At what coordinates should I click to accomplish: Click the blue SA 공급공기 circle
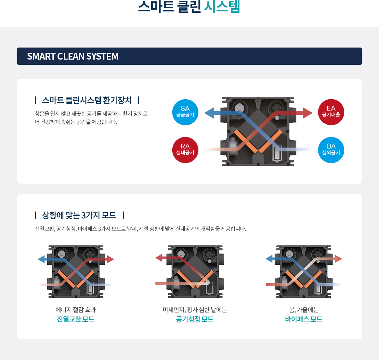pyautogui.click(x=185, y=112)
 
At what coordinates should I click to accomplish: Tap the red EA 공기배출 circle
pyautogui.click(x=331, y=112)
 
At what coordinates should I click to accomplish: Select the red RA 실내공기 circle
pyautogui.click(x=185, y=150)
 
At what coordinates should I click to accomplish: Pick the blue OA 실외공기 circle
pyautogui.click(x=331, y=150)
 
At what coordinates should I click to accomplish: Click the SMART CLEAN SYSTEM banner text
pyautogui.click(x=73, y=56)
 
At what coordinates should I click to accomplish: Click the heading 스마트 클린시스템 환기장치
pyautogui.click(x=87, y=100)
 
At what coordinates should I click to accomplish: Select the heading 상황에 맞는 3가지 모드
pyautogui.click(x=79, y=216)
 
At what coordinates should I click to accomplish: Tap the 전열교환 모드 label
pyautogui.click(x=75, y=319)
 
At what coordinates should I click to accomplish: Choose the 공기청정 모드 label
pyautogui.click(x=195, y=319)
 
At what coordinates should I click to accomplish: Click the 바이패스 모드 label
pyautogui.click(x=304, y=319)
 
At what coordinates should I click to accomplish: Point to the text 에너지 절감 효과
pyautogui.click(x=75, y=310)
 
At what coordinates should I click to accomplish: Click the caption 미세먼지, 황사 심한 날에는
pyautogui.click(x=195, y=310)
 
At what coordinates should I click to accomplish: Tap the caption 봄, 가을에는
pyautogui.click(x=304, y=310)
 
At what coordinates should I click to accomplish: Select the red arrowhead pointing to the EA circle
pyautogui.click(x=308, y=113)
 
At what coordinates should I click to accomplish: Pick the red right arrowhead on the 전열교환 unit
pyautogui.click(x=110, y=259)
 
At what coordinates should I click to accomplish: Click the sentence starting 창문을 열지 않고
pyautogui.click(x=91, y=113)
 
